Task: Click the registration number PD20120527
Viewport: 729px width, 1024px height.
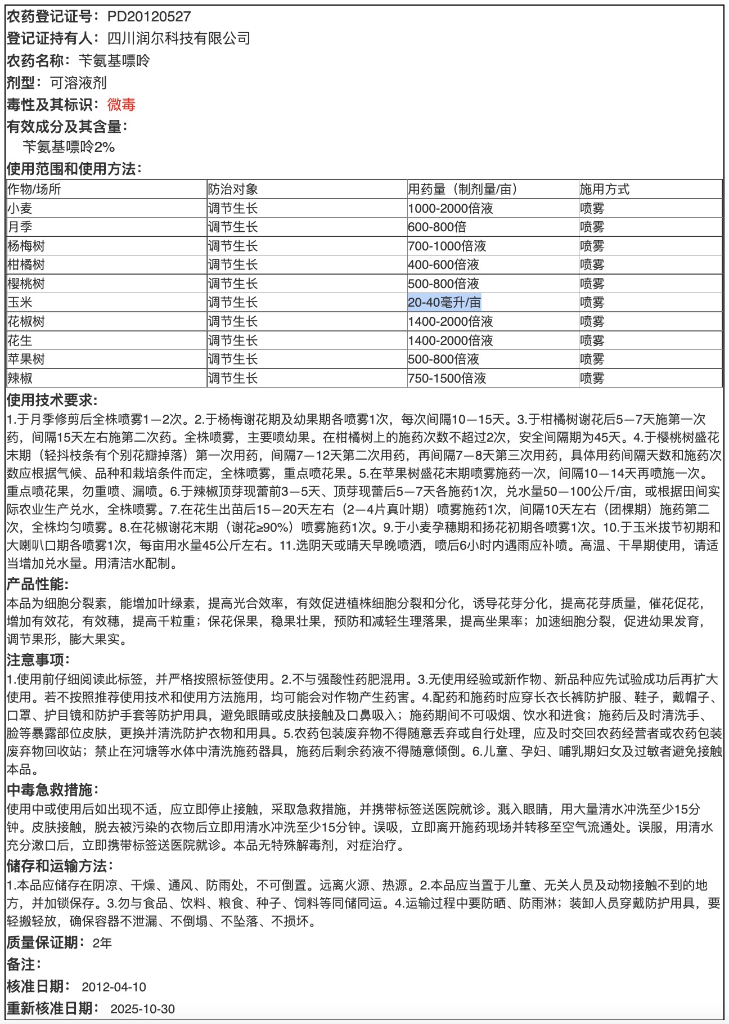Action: (149, 17)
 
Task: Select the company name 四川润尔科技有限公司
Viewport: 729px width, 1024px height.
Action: (179, 39)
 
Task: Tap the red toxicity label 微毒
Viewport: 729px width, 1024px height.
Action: (121, 105)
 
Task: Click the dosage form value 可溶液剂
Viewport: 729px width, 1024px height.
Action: (78, 83)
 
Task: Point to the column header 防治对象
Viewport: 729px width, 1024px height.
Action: (233, 190)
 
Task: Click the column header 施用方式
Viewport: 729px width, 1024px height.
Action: (605, 190)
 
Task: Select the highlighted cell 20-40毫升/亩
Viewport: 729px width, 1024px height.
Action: (444, 303)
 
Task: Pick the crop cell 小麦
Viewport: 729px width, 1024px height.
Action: (20, 209)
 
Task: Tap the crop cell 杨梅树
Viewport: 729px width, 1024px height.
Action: (26, 246)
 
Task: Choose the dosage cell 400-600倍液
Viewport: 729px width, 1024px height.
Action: (443, 265)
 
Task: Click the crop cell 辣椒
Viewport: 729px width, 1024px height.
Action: (20, 379)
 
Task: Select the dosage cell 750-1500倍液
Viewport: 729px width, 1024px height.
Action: (447, 379)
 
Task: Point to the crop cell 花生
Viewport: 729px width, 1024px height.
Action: (20, 341)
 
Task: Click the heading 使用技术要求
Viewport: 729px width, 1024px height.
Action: (52, 401)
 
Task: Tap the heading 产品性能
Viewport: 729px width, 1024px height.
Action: (37, 585)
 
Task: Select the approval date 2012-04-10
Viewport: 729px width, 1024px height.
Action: (114, 987)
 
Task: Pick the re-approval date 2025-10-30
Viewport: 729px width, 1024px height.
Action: (143, 1009)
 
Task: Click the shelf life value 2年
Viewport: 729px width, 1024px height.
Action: (102, 943)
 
